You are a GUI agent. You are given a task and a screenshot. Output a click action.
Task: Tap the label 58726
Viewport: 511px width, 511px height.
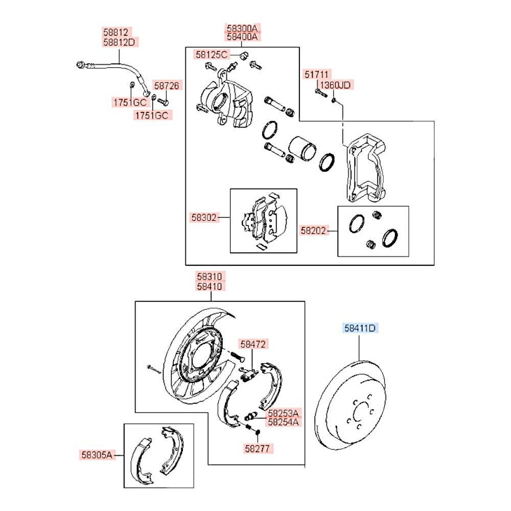167,86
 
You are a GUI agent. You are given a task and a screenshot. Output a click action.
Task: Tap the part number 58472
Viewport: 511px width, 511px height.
254,345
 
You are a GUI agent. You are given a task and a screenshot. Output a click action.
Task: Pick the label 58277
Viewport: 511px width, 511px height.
259,448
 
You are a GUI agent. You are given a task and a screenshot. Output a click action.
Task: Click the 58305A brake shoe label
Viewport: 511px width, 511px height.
96,453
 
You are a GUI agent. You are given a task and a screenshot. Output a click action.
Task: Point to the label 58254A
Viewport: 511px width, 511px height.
281,422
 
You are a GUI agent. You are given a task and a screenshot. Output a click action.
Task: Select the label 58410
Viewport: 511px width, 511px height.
209,287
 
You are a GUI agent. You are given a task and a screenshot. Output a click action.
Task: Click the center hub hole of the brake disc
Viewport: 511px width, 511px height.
361,412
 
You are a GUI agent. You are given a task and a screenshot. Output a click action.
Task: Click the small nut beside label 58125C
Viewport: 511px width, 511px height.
243,55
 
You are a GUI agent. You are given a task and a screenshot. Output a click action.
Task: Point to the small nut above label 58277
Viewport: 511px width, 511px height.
258,434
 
